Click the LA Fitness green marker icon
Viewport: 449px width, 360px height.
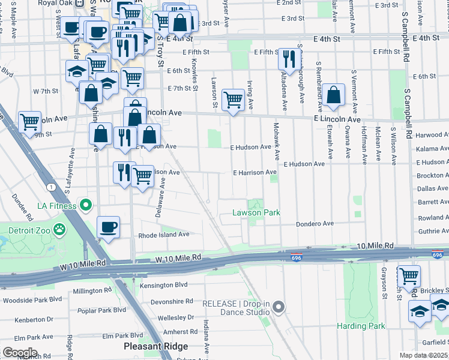(x=86, y=206)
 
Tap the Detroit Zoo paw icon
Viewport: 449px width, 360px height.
(x=59, y=229)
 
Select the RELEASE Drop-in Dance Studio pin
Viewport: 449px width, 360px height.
(x=278, y=308)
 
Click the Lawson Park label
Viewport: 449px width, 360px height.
(x=256, y=213)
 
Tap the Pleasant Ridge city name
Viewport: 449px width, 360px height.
(x=155, y=346)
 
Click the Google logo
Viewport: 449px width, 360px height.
(x=19, y=353)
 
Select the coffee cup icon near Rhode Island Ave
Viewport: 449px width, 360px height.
(x=108, y=227)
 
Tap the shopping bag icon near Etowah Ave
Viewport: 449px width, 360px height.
(x=333, y=94)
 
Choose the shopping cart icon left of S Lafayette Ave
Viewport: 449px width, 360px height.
(x=29, y=121)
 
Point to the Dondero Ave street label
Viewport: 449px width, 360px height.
(x=314, y=224)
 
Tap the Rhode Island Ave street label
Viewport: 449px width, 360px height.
(x=164, y=235)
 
